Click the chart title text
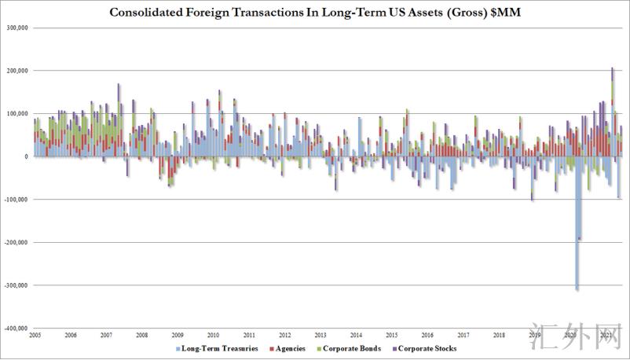[x=314, y=13]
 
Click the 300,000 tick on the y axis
[x=16, y=28]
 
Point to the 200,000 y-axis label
[x=16, y=71]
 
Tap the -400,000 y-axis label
[x=16, y=328]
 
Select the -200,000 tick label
[x=16, y=242]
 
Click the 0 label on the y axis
[x=27, y=156]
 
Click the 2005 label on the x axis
[x=35, y=335]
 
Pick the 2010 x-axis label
[x=213, y=335]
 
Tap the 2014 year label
[x=356, y=335]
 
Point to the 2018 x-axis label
[x=498, y=335]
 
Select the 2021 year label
[x=606, y=335]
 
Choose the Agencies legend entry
[x=288, y=347]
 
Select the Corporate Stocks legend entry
[x=427, y=347]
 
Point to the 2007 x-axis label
[x=106, y=335]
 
